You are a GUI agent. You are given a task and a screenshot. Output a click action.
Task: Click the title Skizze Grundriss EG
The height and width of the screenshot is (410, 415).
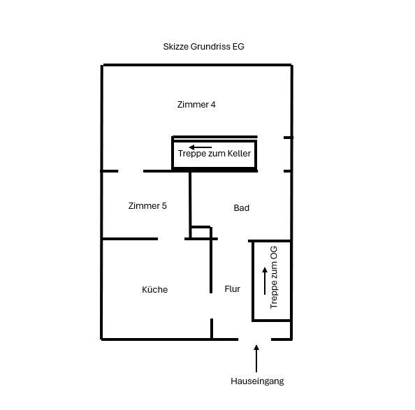click(x=202, y=47)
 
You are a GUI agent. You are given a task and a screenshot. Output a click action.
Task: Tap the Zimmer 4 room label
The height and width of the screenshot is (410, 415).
click(x=196, y=105)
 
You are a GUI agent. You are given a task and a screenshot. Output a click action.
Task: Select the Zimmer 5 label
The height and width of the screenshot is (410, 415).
click(x=147, y=206)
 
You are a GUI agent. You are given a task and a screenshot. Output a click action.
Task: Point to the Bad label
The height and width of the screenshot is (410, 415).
click(x=241, y=208)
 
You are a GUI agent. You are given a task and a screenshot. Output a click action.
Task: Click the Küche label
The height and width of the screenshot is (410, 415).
click(x=154, y=289)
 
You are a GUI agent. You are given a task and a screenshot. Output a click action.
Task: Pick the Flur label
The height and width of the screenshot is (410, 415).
click(x=233, y=288)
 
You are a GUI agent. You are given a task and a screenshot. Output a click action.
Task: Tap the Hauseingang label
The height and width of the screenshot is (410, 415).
click(x=256, y=381)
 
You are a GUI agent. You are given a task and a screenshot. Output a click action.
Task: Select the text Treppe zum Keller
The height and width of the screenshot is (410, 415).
click(x=214, y=154)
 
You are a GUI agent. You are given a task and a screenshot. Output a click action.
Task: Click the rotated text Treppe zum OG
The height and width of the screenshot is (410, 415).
click(x=274, y=281)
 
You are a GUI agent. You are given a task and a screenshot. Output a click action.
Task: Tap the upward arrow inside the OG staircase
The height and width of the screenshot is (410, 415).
click(x=264, y=281)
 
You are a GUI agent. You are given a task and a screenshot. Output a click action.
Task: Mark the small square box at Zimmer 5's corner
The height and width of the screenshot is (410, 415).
click(x=201, y=233)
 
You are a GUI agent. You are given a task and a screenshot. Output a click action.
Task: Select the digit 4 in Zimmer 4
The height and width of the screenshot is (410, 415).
click(x=213, y=105)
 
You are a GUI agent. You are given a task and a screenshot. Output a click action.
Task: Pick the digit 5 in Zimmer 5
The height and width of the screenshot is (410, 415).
click(x=164, y=206)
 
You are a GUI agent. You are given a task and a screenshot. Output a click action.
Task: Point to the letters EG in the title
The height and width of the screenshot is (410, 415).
click(x=238, y=47)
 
